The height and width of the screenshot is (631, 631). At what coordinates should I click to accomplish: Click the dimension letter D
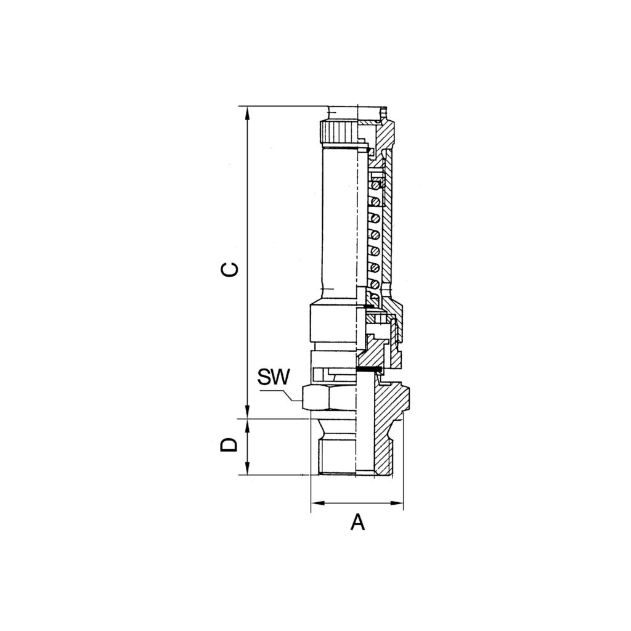229,445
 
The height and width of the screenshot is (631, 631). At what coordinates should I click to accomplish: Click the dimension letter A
357,523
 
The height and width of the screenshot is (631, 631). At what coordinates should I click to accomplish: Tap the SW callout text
273,377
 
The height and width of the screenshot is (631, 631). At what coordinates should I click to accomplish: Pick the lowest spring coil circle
373,284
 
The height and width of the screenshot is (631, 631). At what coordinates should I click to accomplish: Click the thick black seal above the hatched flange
370,370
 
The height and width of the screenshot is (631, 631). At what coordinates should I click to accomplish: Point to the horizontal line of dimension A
357,503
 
